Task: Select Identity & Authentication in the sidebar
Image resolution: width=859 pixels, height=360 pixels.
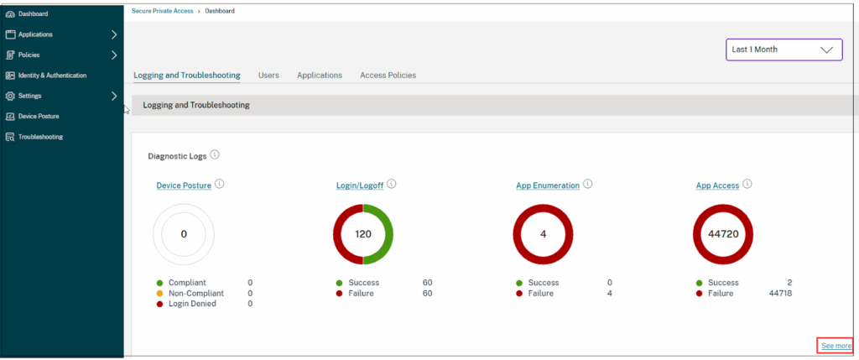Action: (x=51, y=76)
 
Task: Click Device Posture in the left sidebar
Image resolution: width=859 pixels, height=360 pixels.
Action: (x=38, y=117)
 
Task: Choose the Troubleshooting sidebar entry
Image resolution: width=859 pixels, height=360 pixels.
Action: (x=39, y=137)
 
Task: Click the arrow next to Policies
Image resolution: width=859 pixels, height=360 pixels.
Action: (x=114, y=55)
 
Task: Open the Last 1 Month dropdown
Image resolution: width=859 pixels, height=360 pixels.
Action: (x=784, y=50)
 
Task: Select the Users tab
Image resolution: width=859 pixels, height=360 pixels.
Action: (x=268, y=76)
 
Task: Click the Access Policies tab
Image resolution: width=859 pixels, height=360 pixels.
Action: (x=388, y=76)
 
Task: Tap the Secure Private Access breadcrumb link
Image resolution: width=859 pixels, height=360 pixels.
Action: (x=162, y=11)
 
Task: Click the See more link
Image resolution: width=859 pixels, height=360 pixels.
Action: (x=836, y=346)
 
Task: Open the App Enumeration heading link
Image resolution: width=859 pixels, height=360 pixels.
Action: (x=547, y=185)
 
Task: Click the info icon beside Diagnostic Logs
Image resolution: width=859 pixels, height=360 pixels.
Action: (x=215, y=155)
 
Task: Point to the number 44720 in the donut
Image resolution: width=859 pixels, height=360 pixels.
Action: (x=723, y=234)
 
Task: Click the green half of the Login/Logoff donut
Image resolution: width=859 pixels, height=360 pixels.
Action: (x=383, y=234)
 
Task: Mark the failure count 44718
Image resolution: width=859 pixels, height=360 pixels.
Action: (x=779, y=294)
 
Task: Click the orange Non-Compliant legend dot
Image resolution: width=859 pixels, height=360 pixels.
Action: (x=159, y=294)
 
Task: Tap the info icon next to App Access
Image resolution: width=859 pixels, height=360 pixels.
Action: (x=747, y=185)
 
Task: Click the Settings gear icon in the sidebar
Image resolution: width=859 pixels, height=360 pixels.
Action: (x=10, y=96)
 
